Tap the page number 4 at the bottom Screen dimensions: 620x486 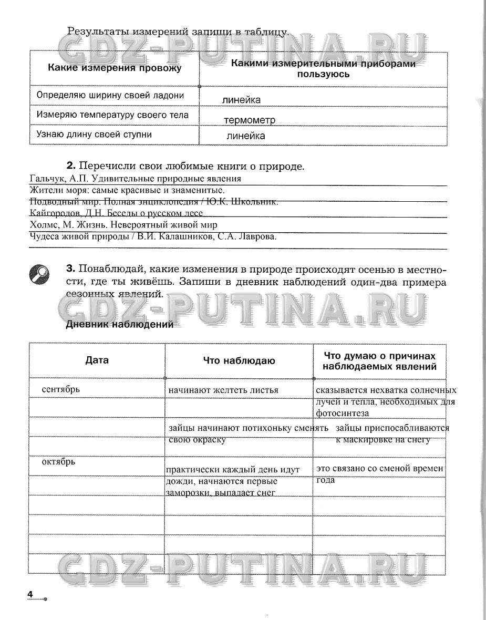point(30,594)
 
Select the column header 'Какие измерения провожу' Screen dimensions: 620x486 point(115,68)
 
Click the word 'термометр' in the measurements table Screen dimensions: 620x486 point(249,120)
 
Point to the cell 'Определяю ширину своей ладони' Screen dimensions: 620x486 point(110,95)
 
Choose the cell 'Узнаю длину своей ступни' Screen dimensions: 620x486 point(94,134)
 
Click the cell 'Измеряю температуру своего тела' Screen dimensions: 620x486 point(112,115)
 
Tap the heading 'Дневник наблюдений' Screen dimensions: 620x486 point(119,324)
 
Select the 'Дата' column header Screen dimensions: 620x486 point(97,360)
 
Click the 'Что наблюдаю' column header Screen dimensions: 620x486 point(239,360)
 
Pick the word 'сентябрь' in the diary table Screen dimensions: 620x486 point(61,389)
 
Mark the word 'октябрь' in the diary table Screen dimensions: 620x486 point(59,462)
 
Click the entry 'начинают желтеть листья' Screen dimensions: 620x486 point(223,390)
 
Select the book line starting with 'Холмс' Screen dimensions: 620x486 point(123,225)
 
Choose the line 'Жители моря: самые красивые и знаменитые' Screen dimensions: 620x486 point(128,190)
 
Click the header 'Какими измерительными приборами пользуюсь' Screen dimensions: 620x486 point(323,68)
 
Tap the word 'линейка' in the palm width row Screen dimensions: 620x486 point(241,100)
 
